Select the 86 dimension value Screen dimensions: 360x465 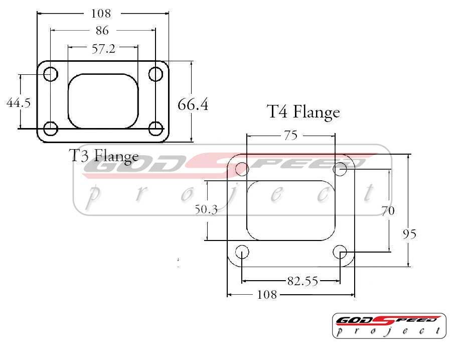pyautogui.click(x=102, y=31)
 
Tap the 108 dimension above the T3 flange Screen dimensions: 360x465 pyautogui.click(x=101, y=13)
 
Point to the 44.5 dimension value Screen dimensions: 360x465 pyautogui.click(x=19, y=103)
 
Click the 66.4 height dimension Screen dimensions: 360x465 pyautogui.click(x=193, y=105)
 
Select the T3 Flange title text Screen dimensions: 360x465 pyautogui.click(x=104, y=156)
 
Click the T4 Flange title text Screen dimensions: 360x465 pyautogui.click(x=303, y=111)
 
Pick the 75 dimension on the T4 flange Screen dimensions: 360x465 pyautogui.click(x=290, y=135)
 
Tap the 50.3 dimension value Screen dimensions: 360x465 pyautogui.click(x=206, y=210)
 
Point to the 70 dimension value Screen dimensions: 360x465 pyautogui.click(x=387, y=211)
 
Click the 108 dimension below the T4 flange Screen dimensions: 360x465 pyautogui.click(x=266, y=295)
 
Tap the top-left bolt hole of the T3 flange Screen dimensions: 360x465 pyautogui.click(x=51, y=74)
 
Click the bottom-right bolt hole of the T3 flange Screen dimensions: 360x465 pyautogui.click(x=156, y=129)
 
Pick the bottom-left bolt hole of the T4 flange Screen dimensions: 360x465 pyautogui.click(x=242, y=252)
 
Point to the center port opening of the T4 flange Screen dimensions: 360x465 pyautogui.click(x=291, y=209)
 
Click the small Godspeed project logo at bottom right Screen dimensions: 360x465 pyautogui.click(x=389, y=325)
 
